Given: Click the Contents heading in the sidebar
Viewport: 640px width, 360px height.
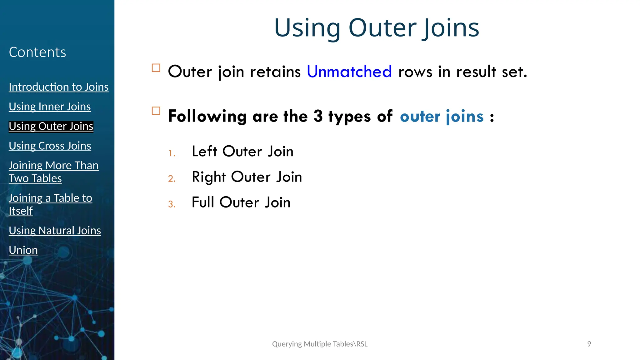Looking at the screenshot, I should (37, 52).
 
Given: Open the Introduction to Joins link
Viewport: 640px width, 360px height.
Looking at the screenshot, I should (59, 87).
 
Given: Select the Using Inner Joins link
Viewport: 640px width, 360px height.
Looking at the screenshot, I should (50, 107).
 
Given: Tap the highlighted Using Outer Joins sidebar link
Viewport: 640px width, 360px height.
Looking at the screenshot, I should (51, 126).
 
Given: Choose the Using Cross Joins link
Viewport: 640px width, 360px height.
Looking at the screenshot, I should (50, 146).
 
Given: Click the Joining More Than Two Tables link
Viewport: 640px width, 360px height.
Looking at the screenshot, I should (53, 172).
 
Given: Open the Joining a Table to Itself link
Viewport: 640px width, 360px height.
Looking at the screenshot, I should (50, 204).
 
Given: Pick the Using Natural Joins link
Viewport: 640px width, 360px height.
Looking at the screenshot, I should (55, 231).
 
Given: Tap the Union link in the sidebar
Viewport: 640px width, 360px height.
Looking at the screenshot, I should (23, 250).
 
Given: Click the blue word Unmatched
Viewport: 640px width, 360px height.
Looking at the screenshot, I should (349, 72).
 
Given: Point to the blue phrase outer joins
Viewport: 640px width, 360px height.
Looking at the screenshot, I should (442, 116).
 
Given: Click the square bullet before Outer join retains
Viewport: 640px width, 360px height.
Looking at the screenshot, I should (156, 68).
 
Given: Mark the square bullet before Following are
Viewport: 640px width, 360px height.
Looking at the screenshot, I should (156, 111).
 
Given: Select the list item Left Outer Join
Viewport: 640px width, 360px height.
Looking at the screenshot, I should (242, 152).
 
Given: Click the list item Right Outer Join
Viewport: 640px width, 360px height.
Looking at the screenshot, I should (247, 177).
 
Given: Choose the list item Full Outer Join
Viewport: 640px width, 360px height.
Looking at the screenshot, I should (241, 202).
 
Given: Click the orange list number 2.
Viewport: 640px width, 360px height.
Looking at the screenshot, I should (172, 179).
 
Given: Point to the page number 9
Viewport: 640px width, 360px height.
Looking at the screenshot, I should (589, 344).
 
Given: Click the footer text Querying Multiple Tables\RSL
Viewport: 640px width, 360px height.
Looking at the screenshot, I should (320, 344).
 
